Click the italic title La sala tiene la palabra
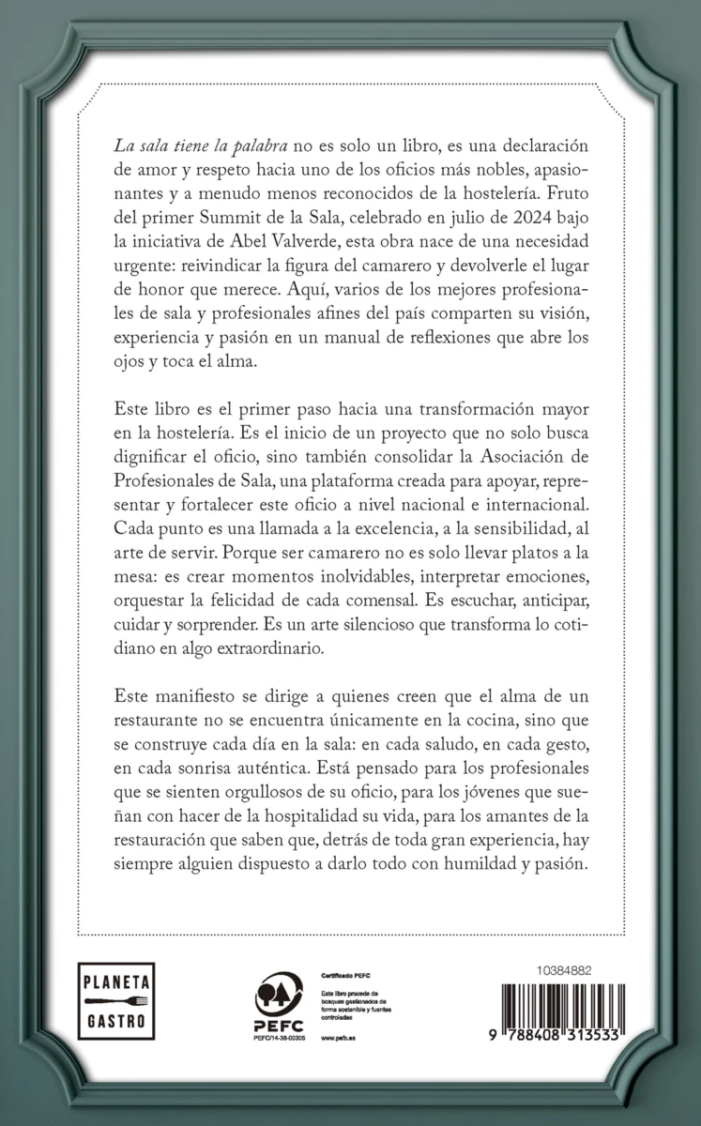[x=190, y=148]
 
